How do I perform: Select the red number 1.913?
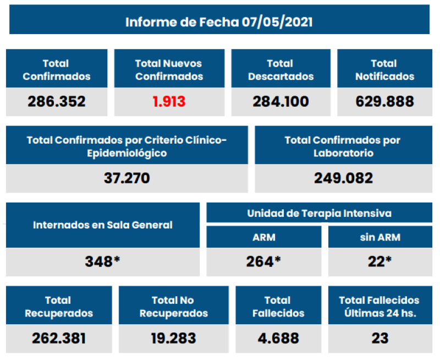click(169, 102)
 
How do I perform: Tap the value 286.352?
click(57, 102)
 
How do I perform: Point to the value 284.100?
click(280, 102)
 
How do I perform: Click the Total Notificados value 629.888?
click(384, 102)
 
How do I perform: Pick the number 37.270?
click(127, 178)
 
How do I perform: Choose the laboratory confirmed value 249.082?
click(343, 178)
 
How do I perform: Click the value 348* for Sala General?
click(102, 261)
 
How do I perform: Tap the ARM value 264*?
click(263, 261)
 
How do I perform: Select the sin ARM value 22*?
click(380, 261)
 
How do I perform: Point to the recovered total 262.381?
click(58, 337)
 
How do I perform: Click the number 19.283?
click(173, 337)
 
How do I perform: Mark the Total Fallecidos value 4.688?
click(277, 337)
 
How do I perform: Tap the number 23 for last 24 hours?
click(380, 337)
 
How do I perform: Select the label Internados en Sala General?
click(102, 225)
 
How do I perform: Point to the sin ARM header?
click(380, 238)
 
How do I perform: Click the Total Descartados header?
click(280, 70)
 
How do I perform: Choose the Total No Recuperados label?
click(173, 307)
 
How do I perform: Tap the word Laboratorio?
click(343, 154)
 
